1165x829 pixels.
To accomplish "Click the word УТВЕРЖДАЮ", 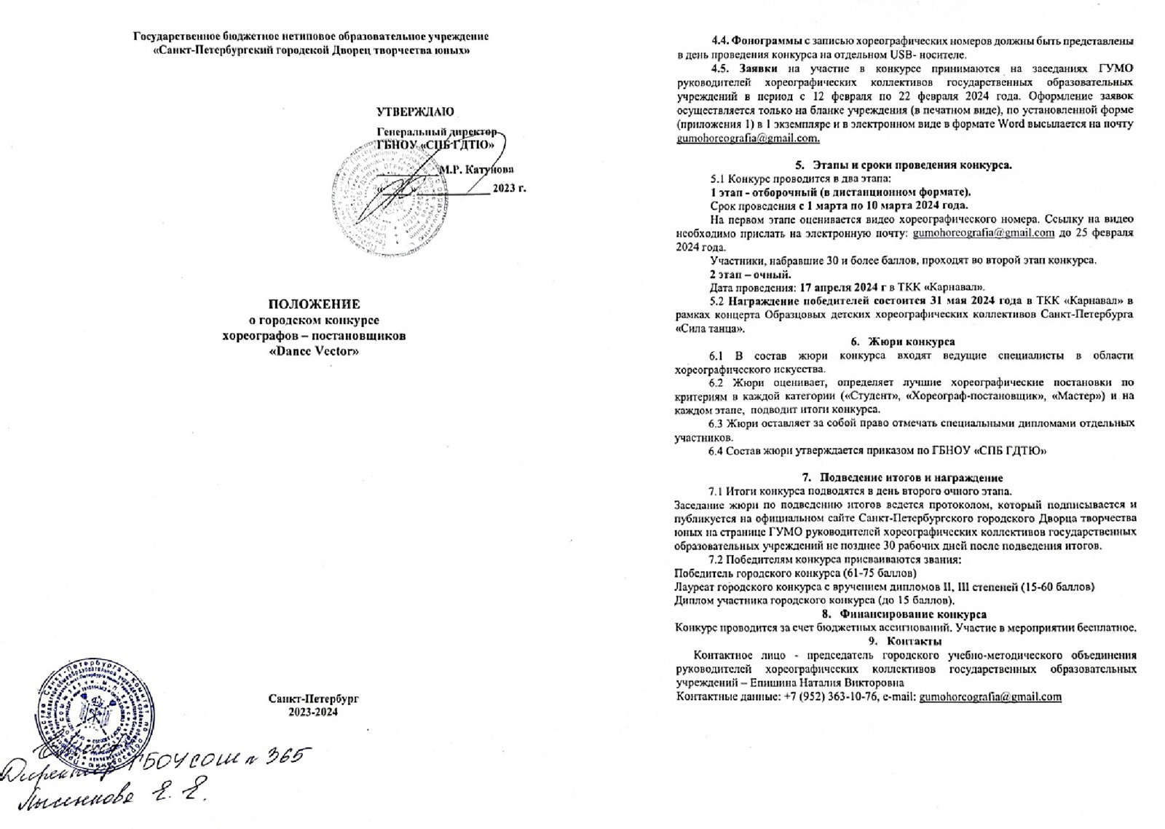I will (x=415, y=111).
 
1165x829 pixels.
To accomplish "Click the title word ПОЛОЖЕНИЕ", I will (x=314, y=305).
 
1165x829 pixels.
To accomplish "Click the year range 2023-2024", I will (x=314, y=712).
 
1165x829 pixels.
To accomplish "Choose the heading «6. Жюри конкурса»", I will (x=903, y=341).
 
